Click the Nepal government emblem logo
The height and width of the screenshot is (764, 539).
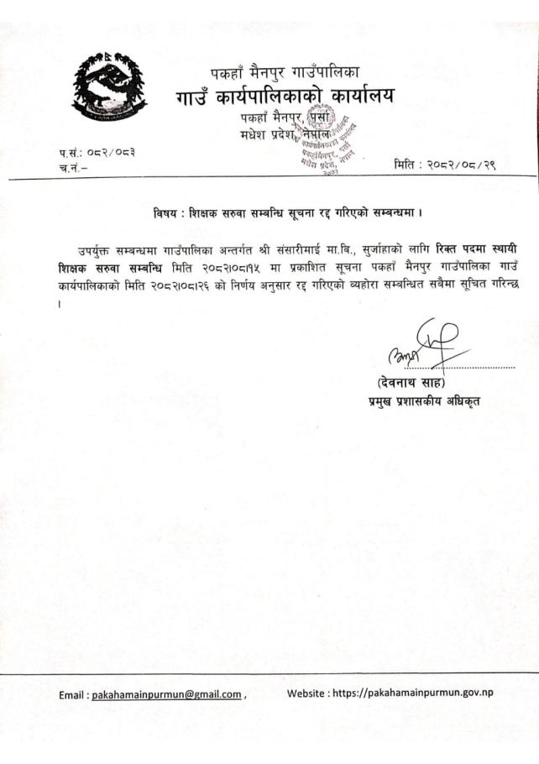(x=108, y=86)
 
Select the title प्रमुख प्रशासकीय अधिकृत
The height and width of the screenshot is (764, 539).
(x=422, y=400)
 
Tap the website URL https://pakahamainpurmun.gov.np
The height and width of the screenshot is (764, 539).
(x=422, y=693)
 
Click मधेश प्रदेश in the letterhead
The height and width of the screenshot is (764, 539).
(x=258, y=135)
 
